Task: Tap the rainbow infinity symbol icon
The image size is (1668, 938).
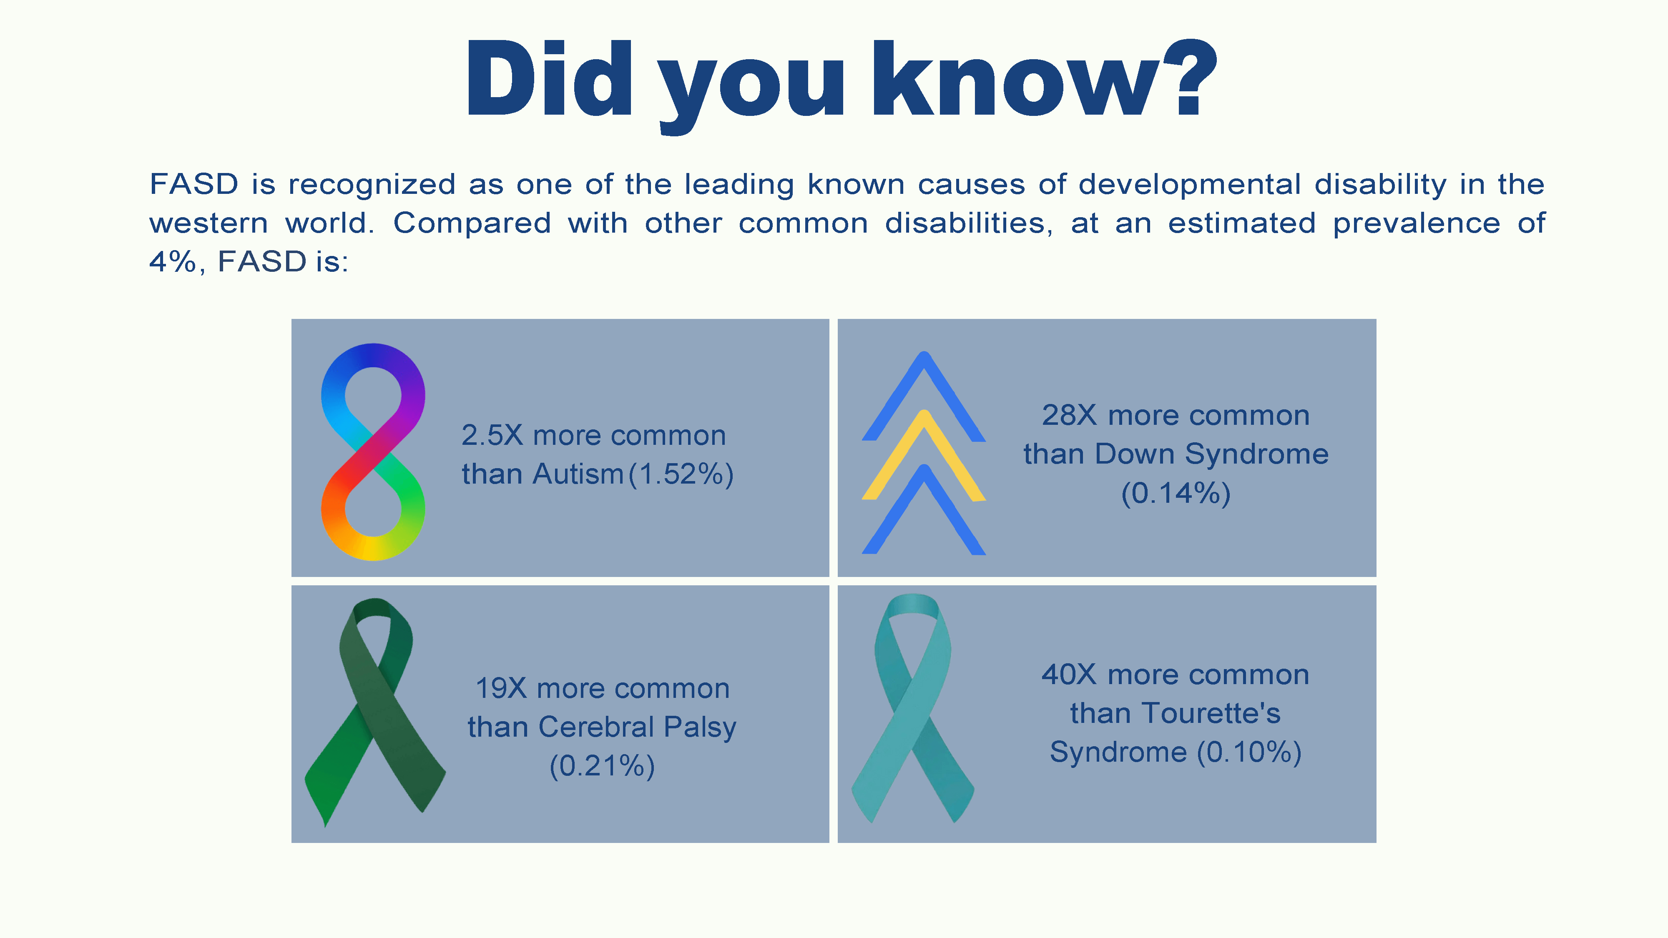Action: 373,452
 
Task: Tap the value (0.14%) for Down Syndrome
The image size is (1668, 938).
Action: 1176,493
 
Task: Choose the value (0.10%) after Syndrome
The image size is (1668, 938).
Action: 1249,752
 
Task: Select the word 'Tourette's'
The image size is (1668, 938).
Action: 1210,713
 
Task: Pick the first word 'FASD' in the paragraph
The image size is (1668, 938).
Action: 194,185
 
